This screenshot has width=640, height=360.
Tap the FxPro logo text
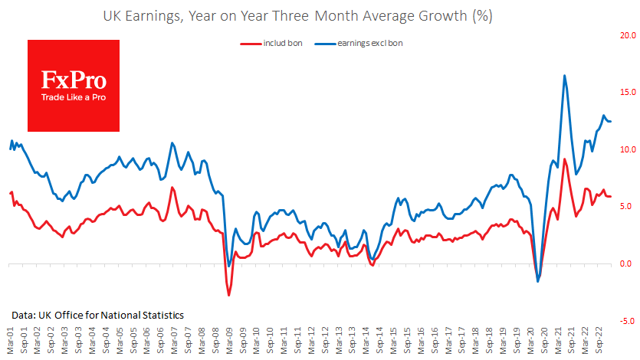[74, 80]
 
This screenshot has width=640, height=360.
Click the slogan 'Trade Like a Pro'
[74, 97]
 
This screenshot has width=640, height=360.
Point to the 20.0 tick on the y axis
[628, 35]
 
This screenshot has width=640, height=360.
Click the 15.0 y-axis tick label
[628, 93]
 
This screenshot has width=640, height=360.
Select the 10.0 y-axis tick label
[628, 149]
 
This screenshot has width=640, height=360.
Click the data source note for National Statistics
[97, 315]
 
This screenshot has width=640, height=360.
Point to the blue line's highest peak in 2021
[565, 76]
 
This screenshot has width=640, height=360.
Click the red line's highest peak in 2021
[565, 159]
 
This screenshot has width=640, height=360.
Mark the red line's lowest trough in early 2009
[228, 295]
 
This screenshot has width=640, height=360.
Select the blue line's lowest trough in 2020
[538, 281]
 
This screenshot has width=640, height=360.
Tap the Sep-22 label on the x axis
[606, 343]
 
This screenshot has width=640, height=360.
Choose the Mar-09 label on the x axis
[230, 343]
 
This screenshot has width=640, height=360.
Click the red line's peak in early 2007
[172, 188]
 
